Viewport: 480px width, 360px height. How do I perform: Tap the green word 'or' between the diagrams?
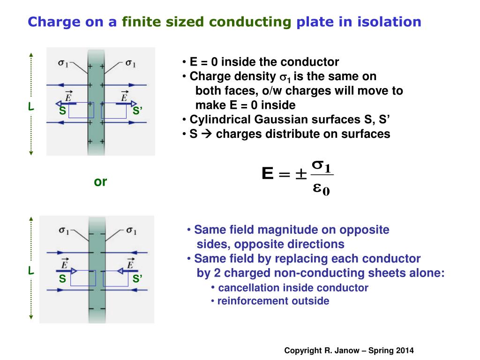[100, 182]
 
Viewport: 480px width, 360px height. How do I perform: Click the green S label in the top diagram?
[62, 111]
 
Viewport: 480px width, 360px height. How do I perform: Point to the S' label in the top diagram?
[137, 111]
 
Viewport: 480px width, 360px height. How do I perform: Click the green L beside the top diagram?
[30, 107]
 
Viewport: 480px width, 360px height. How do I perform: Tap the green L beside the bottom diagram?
[30, 271]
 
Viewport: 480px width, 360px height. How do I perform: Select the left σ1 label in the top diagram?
[63, 63]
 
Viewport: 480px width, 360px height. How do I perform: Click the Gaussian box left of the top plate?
[81, 110]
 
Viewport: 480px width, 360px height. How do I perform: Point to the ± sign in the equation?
[300, 175]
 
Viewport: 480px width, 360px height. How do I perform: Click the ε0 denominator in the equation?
[321, 189]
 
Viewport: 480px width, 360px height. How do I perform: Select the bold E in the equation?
[267, 175]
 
